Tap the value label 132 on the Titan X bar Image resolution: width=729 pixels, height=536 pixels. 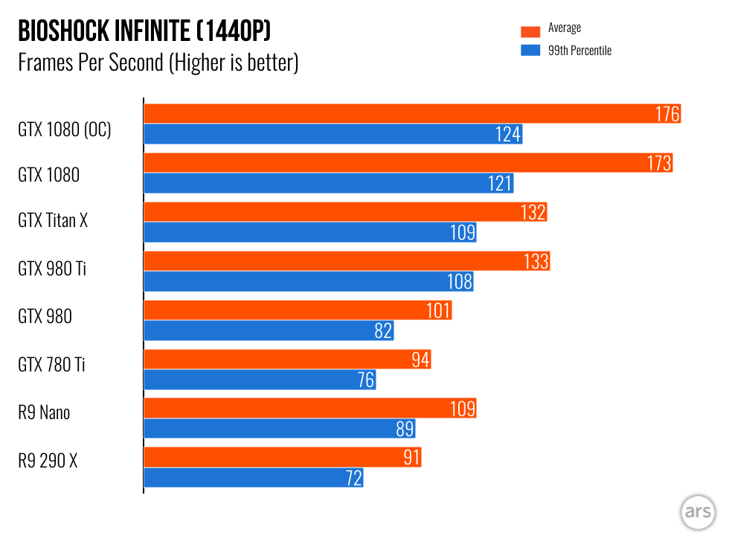point(533,213)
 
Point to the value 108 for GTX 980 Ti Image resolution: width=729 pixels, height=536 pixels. point(460,281)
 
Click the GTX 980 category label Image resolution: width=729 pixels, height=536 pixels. point(45,316)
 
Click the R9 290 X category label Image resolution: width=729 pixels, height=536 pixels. point(48,461)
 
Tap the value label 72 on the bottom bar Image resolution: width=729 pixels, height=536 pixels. point(353,478)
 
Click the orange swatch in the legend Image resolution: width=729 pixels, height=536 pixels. point(530,31)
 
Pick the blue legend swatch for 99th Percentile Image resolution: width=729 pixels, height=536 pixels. point(530,51)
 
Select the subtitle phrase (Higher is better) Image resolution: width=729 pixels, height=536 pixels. point(234,63)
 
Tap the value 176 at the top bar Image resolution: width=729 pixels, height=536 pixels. point(667,114)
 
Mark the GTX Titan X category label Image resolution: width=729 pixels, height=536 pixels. point(53,220)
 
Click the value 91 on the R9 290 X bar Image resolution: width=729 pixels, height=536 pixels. point(412,458)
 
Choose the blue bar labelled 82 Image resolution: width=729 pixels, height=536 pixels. point(260,331)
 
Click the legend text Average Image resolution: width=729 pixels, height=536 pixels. point(565,28)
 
